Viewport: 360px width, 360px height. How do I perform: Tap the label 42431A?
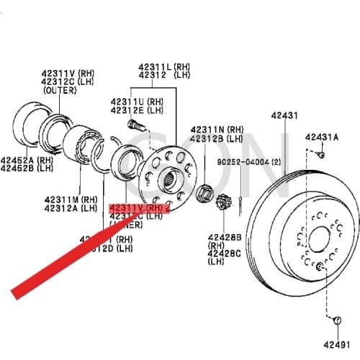click(321, 137)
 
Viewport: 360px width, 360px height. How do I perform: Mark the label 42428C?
click(225, 253)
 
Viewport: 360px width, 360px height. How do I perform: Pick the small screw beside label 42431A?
click(323, 153)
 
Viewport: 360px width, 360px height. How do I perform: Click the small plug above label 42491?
click(337, 319)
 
